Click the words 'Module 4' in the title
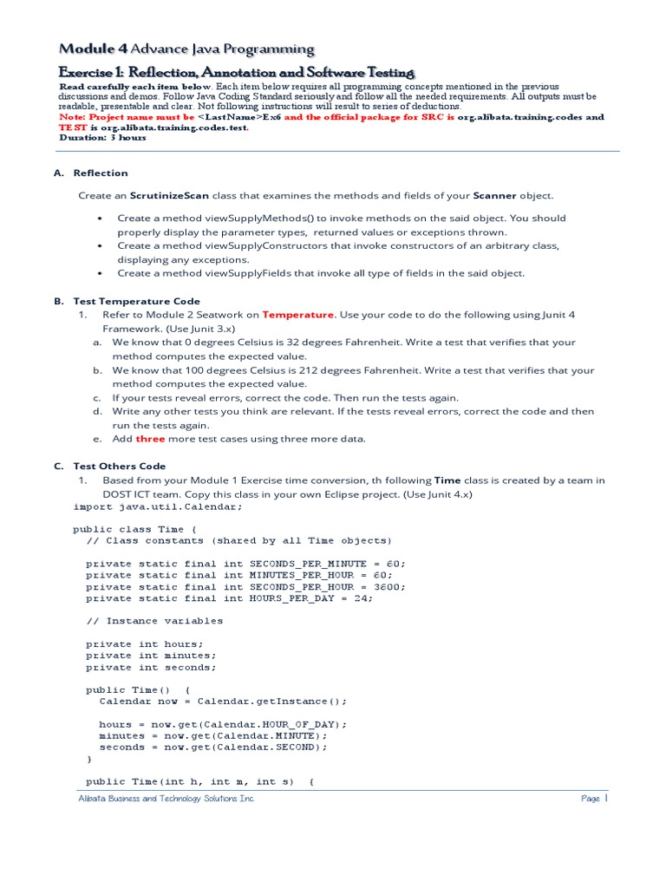91,49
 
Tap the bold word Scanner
494,196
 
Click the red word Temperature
297,315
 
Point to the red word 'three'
149,439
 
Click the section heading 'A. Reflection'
91,173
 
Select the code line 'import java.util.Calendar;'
156,506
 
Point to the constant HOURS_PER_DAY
295,598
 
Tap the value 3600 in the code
388,586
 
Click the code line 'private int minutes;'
151,656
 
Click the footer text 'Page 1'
595,799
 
